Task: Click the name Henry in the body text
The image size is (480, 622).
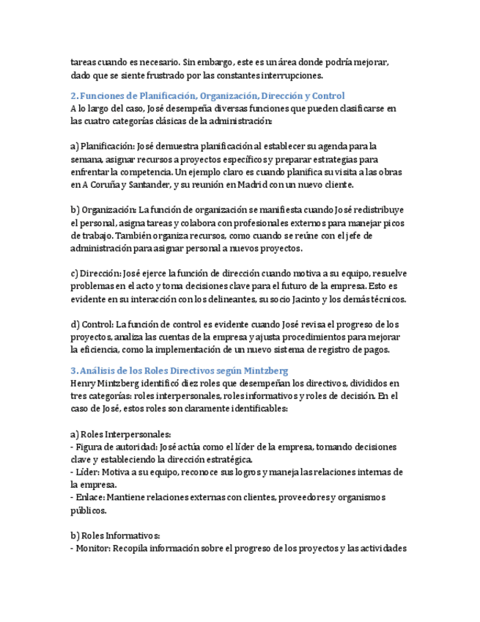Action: pyautogui.click(x=84, y=384)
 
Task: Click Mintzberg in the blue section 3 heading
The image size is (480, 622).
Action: pyautogui.click(x=265, y=371)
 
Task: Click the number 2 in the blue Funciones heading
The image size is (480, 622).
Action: pyautogui.click(x=73, y=96)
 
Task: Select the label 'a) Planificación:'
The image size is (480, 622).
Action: pyautogui.click(x=103, y=147)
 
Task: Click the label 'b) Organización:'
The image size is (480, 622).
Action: pyautogui.click(x=103, y=211)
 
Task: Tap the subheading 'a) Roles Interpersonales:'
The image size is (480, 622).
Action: pyautogui.click(x=121, y=434)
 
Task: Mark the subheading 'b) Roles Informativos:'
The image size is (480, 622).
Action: pyautogui.click(x=116, y=535)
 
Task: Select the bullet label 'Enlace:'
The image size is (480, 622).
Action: pyautogui.click(x=89, y=498)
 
